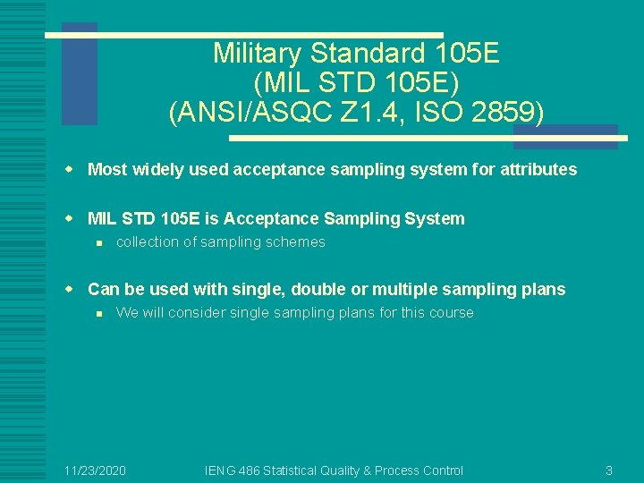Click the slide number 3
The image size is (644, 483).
[608, 470]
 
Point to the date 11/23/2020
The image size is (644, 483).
[95, 470]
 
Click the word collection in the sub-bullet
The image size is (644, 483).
[148, 242]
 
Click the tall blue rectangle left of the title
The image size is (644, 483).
[79, 73]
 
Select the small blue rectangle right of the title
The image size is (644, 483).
[565, 136]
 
